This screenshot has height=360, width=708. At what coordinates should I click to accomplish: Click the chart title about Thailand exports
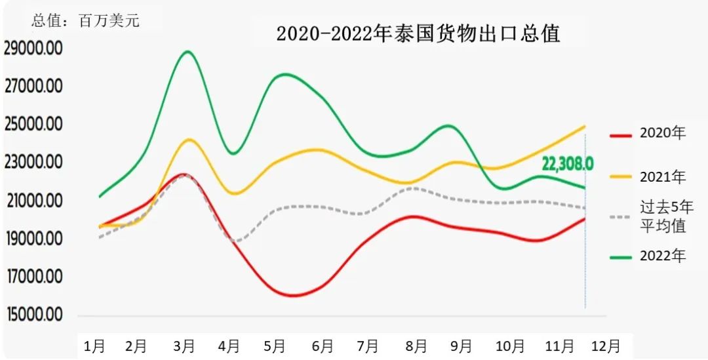tap(418, 33)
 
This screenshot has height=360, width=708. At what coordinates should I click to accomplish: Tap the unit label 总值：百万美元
tap(85, 20)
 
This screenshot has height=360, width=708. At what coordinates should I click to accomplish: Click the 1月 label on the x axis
tap(94, 346)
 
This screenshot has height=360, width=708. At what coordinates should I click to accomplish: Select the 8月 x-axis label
tap(416, 346)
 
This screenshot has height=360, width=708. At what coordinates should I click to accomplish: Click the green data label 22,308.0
tap(567, 164)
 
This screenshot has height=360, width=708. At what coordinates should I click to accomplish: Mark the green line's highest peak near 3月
tap(188, 51)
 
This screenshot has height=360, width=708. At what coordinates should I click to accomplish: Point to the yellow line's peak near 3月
tap(189, 140)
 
